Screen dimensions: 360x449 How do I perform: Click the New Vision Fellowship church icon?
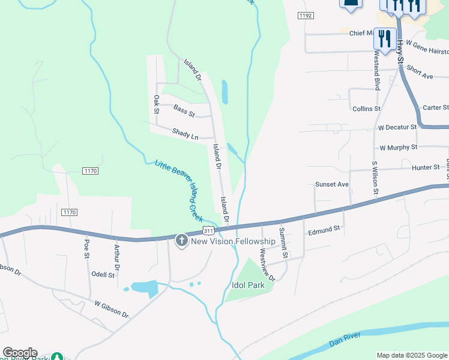181,241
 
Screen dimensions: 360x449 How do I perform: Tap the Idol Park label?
248,286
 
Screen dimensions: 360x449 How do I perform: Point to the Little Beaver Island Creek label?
178,190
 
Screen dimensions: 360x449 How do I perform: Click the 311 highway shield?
208,230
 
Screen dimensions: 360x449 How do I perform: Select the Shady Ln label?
185,134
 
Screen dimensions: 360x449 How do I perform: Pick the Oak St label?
156,104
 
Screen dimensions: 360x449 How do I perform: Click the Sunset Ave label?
332,184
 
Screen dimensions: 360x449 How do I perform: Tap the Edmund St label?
324,229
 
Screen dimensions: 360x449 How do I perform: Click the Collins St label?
366,109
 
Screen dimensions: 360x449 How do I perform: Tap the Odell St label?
103,274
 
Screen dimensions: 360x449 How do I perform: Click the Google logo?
20,353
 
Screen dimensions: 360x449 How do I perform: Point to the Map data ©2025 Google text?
411,355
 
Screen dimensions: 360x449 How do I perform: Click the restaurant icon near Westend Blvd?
384,39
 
